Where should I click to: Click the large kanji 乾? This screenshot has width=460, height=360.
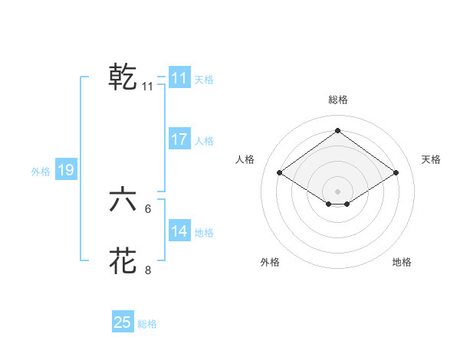(x=123, y=77)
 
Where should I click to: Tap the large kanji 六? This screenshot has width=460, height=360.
(x=123, y=200)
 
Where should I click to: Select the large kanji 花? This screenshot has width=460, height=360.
(x=123, y=261)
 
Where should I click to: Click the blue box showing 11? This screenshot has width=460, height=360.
(x=179, y=78)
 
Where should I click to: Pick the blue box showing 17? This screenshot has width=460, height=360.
(x=179, y=139)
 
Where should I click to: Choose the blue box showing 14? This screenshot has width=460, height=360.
(x=179, y=231)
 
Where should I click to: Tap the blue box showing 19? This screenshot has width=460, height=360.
(x=66, y=170)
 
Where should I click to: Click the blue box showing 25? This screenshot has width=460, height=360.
(x=123, y=322)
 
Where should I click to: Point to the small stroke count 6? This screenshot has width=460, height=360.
(x=148, y=208)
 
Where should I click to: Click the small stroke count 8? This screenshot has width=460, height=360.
(x=148, y=270)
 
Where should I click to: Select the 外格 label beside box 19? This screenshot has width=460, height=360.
(x=41, y=172)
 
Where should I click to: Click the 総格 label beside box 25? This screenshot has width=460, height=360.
(x=147, y=324)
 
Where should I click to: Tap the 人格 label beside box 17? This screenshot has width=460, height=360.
(x=204, y=141)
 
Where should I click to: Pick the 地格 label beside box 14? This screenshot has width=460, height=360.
(x=204, y=233)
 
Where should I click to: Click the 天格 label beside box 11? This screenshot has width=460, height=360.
(x=204, y=80)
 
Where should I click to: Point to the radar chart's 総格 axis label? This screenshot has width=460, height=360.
(x=337, y=100)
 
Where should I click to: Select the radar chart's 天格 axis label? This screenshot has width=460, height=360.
(x=431, y=159)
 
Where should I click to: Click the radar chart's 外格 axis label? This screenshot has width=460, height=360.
(x=270, y=262)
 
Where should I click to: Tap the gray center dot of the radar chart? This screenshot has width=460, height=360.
(x=337, y=191)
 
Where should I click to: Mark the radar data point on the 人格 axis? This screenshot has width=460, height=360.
(x=280, y=173)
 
